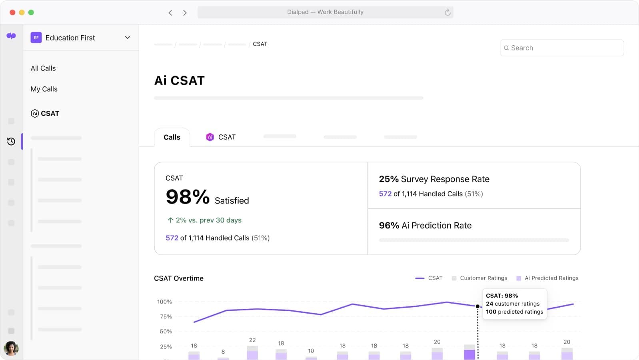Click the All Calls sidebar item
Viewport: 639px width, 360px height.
point(43,68)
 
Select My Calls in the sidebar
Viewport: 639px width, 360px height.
point(44,89)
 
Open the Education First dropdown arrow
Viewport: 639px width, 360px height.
point(128,38)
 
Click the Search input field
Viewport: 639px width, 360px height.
point(561,48)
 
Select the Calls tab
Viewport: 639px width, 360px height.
point(172,137)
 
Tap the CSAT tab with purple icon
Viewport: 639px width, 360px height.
point(221,137)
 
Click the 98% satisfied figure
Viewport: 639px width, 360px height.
point(188,197)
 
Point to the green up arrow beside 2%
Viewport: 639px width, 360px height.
point(170,220)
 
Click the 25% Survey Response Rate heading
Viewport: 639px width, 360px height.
point(434,179)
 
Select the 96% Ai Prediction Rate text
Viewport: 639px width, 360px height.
point(425,226)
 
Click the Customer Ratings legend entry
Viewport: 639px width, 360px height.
point(479,278)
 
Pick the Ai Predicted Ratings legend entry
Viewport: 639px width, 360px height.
point(547,278)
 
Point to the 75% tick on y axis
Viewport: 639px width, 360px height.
point(166,316)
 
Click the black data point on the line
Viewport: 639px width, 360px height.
point(477,306)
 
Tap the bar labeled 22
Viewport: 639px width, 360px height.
point(252,352)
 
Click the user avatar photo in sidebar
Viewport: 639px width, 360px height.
point(11,348)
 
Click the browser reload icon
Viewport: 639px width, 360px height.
point(447,12)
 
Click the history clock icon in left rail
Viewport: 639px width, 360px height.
point(11,141)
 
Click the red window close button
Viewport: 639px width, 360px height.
point(12,12)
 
